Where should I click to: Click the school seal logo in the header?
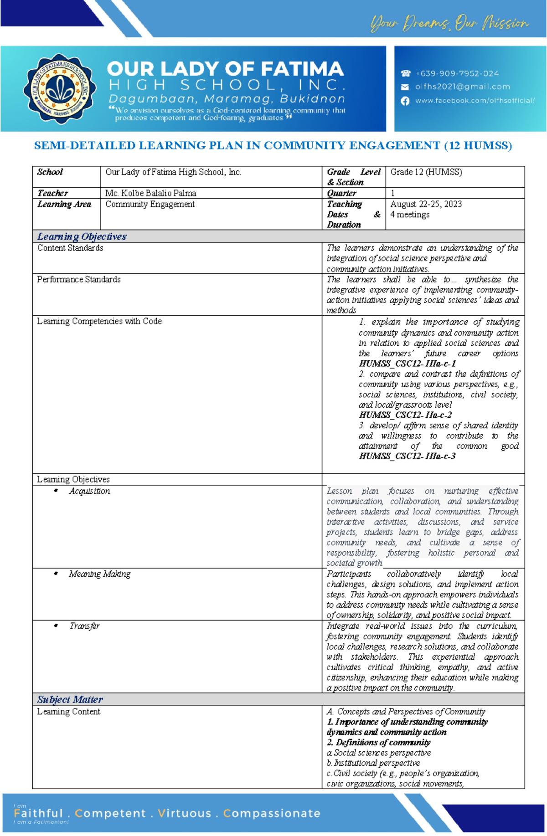click(60, 89)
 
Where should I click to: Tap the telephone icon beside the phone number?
click(405, 73)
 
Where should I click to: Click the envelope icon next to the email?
click(405, 87)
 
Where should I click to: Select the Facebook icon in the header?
click(405, 101)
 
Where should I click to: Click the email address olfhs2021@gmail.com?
click(462, 87)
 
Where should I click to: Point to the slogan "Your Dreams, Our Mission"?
click(449, 23)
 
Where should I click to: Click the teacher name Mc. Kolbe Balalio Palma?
click(151, 193)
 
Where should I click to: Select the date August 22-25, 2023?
click(426, 204)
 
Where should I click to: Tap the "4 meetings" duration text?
click(410, 215)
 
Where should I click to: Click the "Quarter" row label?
click(341, 193)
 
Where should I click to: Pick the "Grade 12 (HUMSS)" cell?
click(426, 172)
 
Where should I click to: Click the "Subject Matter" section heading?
click(70, 699)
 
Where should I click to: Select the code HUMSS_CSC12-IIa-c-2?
click(405, 415)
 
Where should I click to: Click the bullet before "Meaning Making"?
click(56, 574)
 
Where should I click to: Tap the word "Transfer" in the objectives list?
click(84, 626)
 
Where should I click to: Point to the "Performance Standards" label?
click(79, 279)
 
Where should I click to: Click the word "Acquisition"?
click(89, 491)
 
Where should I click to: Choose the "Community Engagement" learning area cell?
click(150, 204)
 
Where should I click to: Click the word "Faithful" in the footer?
click(38, 813)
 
